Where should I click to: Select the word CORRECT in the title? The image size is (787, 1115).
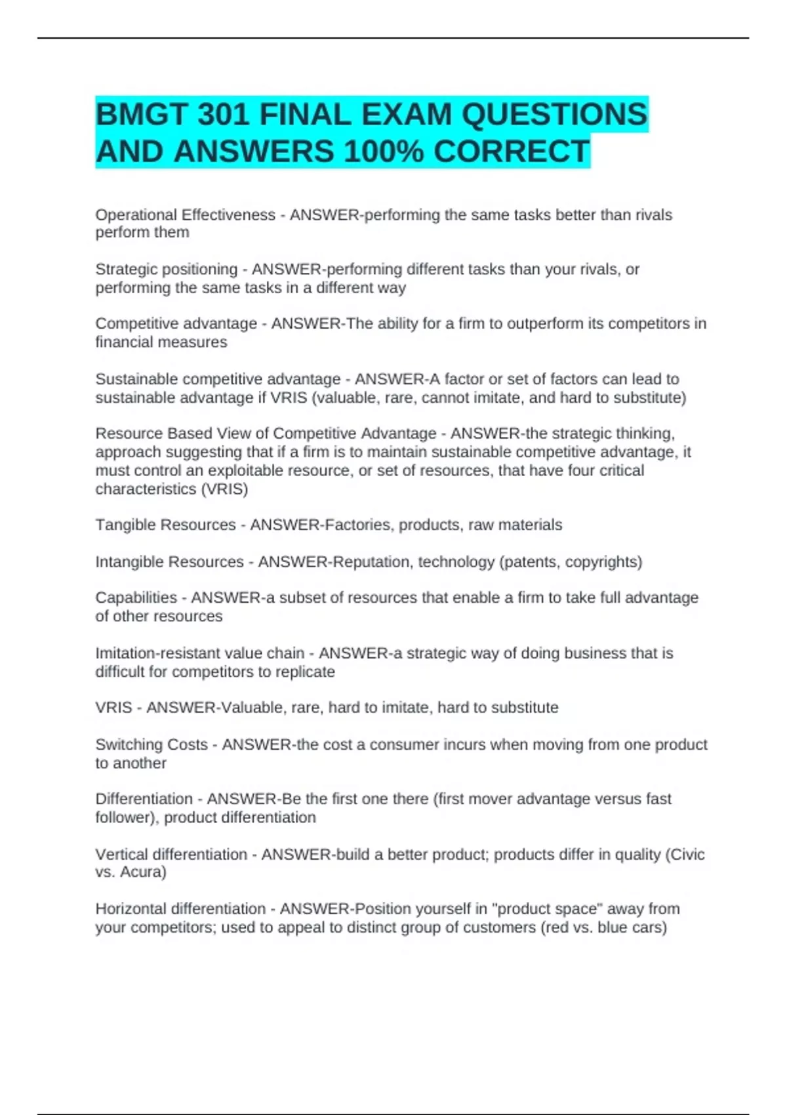pos(511,152)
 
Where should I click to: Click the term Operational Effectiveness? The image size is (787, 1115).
pos(185,215)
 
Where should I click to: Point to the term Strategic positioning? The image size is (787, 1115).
pos(166,270)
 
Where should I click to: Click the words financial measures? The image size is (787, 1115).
pos(161,342)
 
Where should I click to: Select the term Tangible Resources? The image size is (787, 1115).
pos(165,525)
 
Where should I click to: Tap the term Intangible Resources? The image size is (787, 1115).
pos(169,562)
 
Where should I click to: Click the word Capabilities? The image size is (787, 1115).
pos(136,598)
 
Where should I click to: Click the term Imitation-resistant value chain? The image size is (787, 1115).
pos(199,653)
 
